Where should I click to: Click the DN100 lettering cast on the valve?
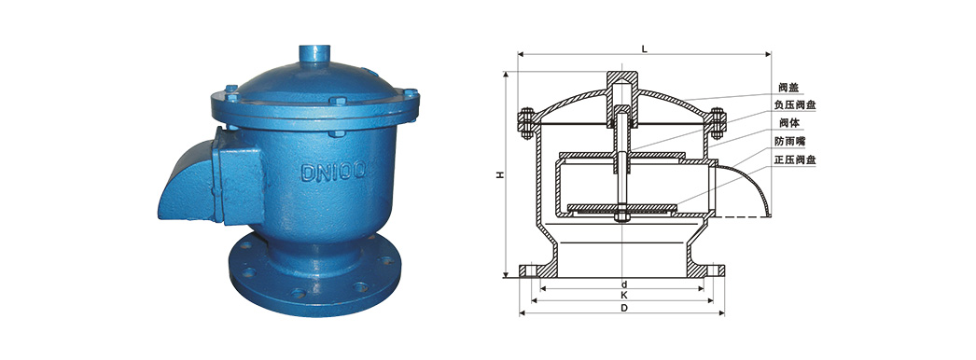[x=335, y=170]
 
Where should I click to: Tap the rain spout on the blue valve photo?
[x=187, y=180]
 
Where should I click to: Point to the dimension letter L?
[x=645, y=48]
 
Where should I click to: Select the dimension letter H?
[x=500, y=175]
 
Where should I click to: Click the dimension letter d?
[x=622, y=283]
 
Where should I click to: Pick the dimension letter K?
[x=622, y=296]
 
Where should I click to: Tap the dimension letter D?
[x=622, y=308]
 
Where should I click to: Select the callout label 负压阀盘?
[x=795, y=105]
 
